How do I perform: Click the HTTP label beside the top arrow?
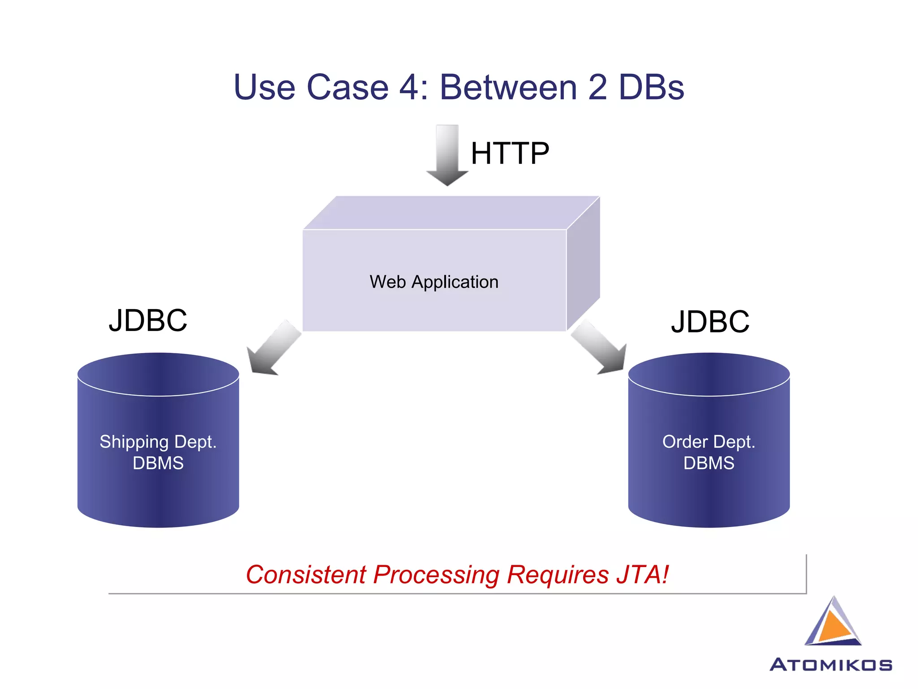510,153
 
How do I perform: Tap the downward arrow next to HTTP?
447,155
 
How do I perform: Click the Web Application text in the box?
434,282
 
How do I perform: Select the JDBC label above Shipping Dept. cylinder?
148,320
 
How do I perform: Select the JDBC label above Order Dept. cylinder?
710,322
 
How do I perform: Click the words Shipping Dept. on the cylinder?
158,442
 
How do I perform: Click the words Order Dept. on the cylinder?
709,442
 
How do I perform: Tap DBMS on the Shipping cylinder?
158,463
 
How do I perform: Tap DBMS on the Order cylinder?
709,463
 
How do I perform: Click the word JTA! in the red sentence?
642,575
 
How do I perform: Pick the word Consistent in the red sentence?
306,575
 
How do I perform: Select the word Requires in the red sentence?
558,575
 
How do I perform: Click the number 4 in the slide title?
408,87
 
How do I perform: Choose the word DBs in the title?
651,87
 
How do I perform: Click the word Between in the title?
508,87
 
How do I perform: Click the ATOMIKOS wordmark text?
831,665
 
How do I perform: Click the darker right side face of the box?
583,265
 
